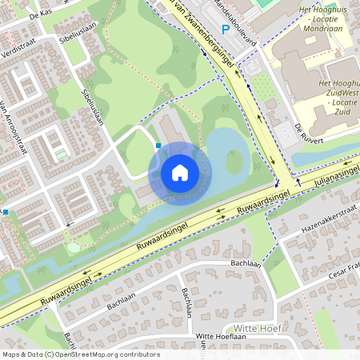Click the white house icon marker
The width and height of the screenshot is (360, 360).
(180, 172)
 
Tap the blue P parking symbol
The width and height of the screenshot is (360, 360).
(226, 30)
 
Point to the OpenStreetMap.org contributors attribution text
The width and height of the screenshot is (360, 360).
(108, 354)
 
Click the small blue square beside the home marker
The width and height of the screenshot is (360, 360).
(158, 146)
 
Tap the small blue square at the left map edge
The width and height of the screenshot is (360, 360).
(5, 212)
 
